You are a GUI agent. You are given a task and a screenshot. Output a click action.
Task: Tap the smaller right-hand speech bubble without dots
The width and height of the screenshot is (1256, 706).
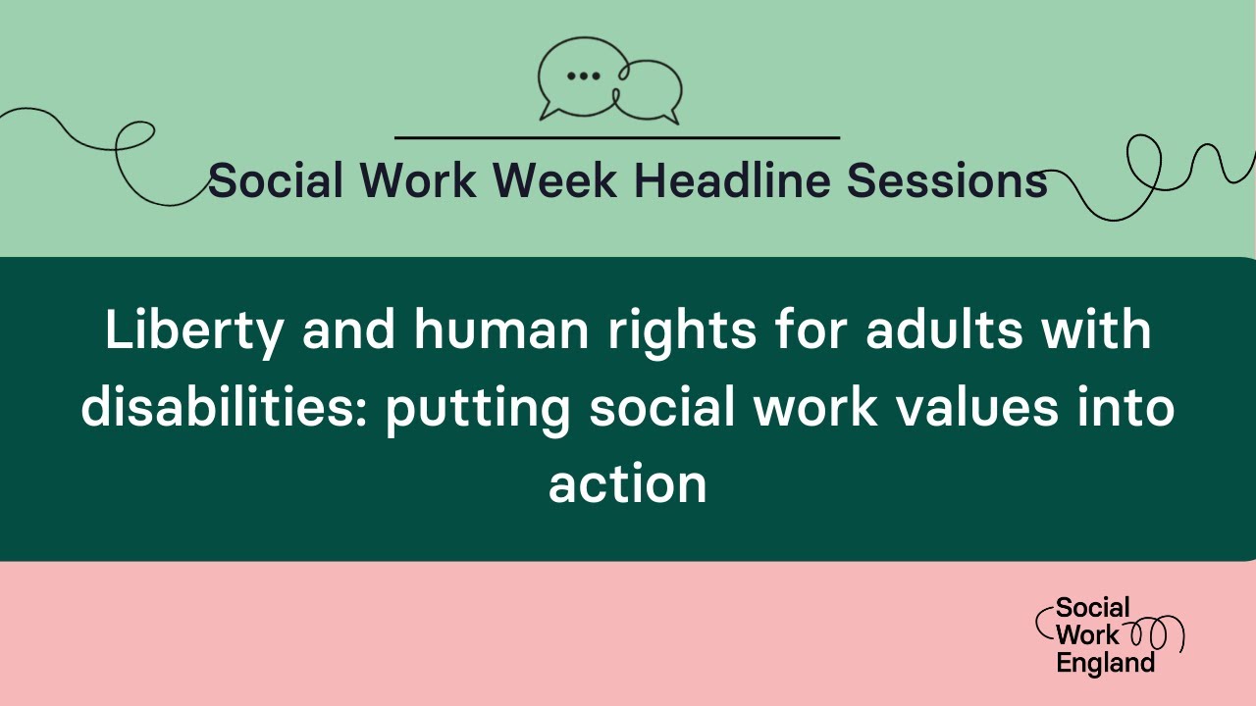[651, 90]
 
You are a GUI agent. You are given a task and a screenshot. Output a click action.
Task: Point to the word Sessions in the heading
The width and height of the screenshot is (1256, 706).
[947, 180]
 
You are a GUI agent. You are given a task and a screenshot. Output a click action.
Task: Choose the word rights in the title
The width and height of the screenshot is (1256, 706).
[686, 331]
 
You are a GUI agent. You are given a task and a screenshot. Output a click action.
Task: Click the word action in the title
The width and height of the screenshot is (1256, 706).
[628, 482]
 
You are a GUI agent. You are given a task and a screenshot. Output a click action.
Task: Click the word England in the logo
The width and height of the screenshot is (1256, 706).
[1106, 663]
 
